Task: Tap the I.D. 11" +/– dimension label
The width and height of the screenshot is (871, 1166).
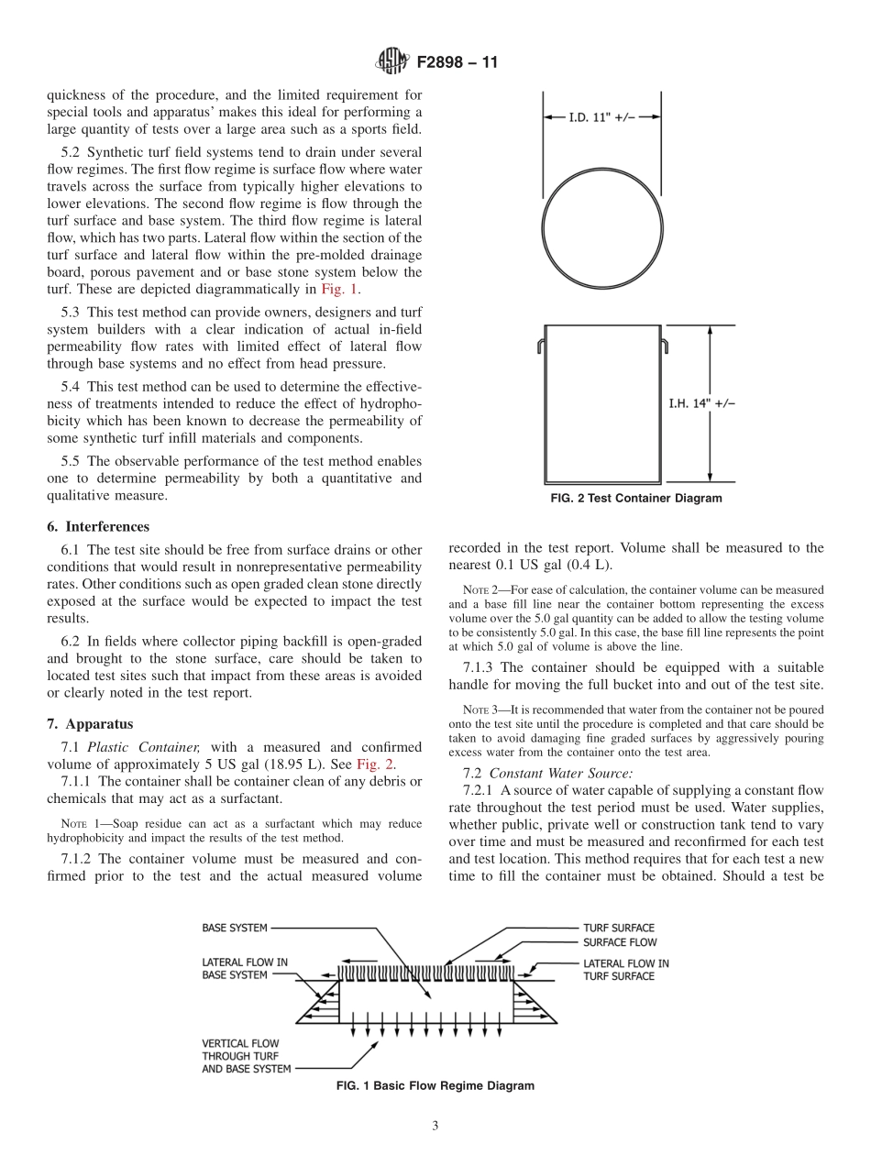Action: tap(601, 117)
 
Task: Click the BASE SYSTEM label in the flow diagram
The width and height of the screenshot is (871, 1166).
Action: tap(235, 928)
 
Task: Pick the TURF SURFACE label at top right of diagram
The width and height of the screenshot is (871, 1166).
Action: tap(619, 928)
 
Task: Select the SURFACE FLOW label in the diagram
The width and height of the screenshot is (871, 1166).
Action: tap(620, 942)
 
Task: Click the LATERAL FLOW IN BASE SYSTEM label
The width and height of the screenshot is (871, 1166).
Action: tap(245, 969)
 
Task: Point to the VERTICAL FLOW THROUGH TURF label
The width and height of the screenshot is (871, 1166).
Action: tap(247, 1055)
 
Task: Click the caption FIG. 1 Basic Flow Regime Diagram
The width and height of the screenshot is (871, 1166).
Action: tap(435, 1086)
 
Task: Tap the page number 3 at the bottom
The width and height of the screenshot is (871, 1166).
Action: tap(435, 1127)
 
